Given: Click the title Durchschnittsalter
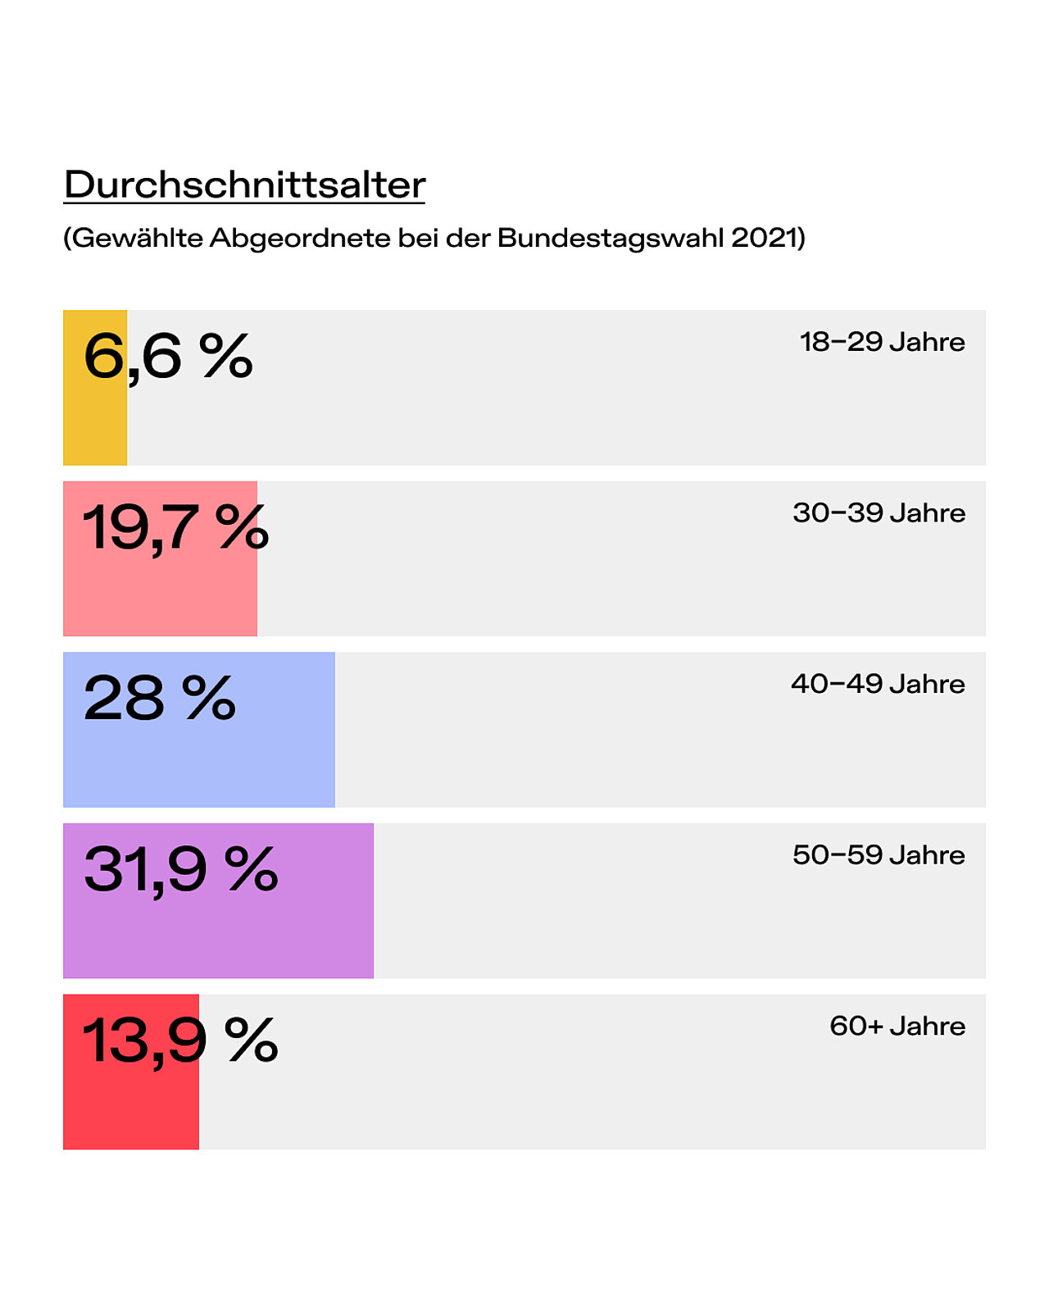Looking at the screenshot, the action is [x=244, y=184].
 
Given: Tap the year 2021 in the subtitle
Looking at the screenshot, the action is [x=765, y=237].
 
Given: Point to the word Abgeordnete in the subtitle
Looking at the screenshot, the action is [x=300, y=238].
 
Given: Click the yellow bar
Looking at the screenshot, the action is [x=95, y=387].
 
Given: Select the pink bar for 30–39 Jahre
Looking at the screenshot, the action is [x=161, y=558].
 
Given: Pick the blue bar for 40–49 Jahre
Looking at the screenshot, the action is [x=199, y=730].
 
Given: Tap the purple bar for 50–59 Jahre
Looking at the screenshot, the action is [x=219, y=900].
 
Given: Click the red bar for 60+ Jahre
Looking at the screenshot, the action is [x=131, y=1072].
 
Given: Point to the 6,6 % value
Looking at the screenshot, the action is [x=168, y=358].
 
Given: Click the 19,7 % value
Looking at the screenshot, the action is [x=175, y=528].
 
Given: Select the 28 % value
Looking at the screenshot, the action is [x=160, y=698].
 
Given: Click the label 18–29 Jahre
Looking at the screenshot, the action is [x=882, y=342].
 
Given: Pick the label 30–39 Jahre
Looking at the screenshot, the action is [x=879, y=512].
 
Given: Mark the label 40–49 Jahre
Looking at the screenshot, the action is [x=878, y=684].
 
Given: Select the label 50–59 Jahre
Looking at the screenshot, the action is [x=879, y=854].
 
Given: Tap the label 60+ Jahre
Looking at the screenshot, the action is [x=897, y=1026].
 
